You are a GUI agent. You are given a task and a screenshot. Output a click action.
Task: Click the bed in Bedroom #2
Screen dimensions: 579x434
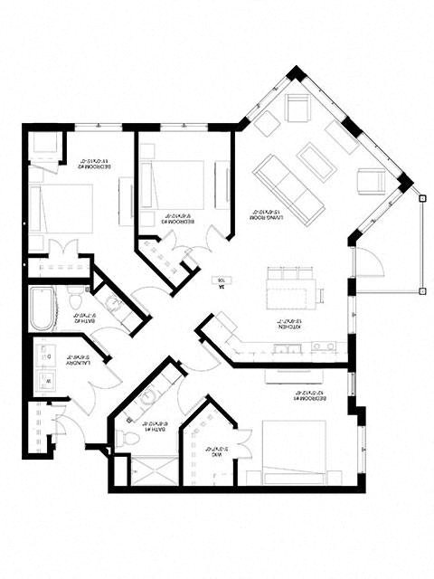click(x=56, y=210)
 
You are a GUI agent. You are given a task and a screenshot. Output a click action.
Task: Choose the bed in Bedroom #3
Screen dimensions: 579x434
click(x=176, y=186)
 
